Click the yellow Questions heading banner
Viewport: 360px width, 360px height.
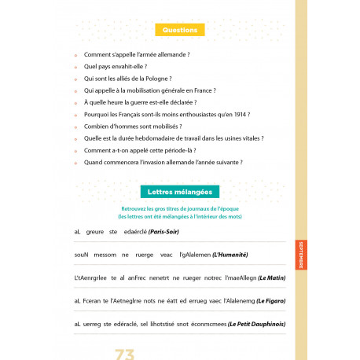point(179,30)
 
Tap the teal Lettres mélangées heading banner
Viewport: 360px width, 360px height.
point(179,191)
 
